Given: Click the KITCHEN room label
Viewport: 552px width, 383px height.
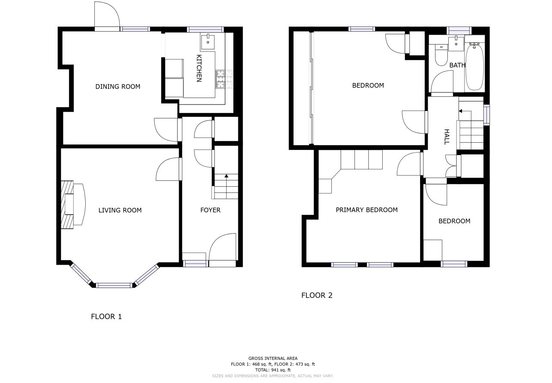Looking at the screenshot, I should click(199, 68).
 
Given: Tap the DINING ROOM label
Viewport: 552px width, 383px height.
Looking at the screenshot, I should click(117, 87).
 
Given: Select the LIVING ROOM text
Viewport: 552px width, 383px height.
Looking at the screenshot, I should click(120, 210).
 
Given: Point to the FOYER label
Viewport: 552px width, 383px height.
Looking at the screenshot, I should click(210, 210).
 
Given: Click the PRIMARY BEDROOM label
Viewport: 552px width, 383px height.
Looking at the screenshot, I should click(366, 210).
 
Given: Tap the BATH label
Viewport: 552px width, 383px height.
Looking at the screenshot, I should click(457, 65).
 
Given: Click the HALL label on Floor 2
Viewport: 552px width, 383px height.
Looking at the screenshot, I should click(447, 137).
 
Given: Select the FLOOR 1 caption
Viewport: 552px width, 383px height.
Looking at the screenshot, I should click(106, 317).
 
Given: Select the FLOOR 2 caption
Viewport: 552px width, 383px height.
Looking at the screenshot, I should click(317, 295).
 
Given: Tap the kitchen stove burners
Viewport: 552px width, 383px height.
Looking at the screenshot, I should click(220, 80).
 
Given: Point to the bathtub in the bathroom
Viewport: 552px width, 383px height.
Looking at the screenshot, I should click(474, 66).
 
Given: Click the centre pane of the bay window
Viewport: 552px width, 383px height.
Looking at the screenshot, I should click(114, 285).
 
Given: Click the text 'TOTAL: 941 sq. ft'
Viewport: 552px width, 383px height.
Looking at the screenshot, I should click(273, 370).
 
